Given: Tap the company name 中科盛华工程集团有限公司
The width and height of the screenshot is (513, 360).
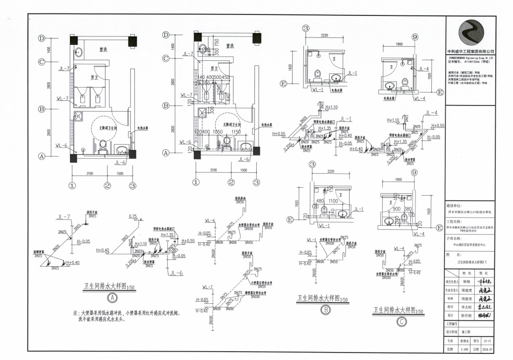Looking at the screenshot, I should point(468,51).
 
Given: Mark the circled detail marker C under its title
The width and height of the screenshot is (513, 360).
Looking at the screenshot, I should point(401,321).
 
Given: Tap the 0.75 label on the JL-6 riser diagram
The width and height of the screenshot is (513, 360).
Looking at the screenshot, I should point(133,216).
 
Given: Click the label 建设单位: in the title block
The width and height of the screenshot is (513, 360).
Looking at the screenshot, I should point(453,205).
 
